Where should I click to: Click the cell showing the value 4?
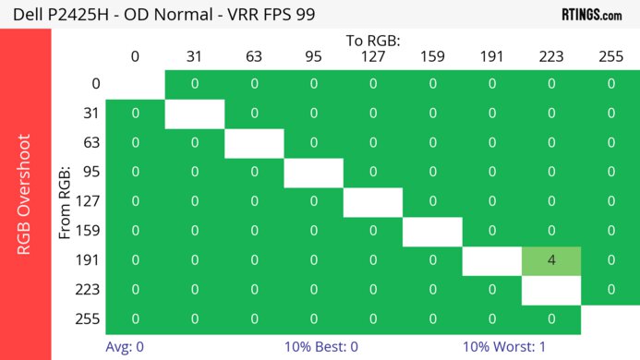[x=551, y=260]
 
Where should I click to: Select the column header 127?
[x=372, y=56]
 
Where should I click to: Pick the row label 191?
[x=90, y=260]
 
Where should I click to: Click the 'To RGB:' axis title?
[x=372, y=41]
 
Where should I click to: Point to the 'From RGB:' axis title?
[x=65, y=201]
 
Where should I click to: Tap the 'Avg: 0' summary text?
[x=125, y=347]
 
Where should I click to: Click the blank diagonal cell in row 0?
[x=135, y=84]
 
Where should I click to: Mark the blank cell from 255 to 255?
[x=610, y=319]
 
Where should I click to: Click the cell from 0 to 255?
[x=610, y=84]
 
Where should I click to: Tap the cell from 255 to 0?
[x=135, y=319]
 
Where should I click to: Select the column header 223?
[x=551, y=56]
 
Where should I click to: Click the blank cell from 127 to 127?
[x=372, y=201]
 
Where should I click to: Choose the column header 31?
[x=194, y=56]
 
